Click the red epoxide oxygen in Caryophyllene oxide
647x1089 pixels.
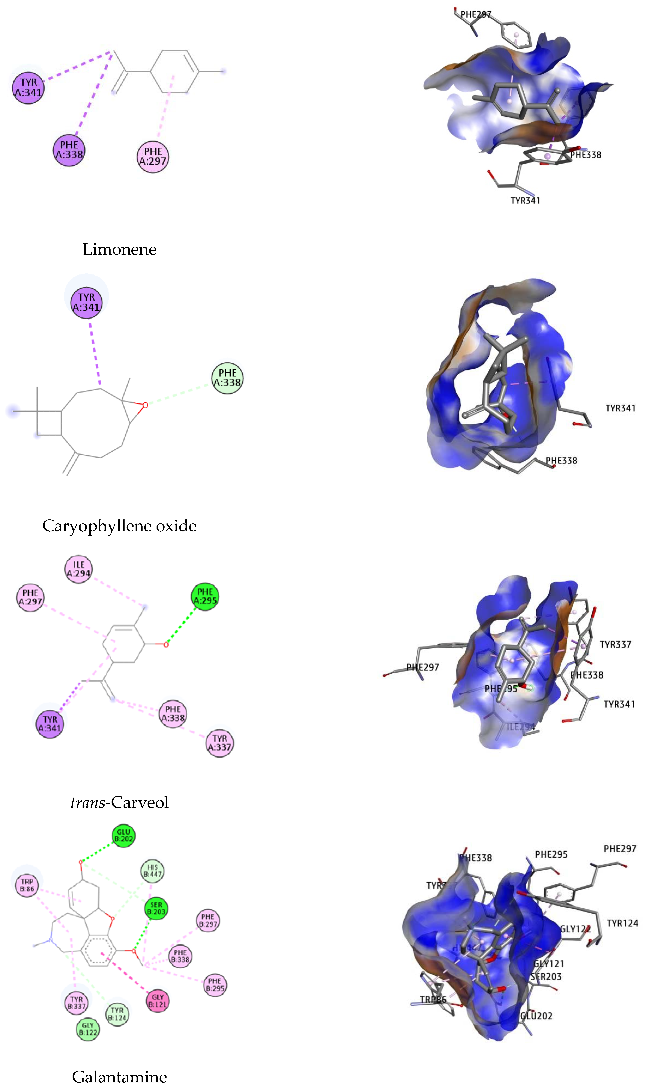coord(145,405)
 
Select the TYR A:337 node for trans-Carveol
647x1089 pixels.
coord(219,743)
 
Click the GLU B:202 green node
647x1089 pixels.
coord(123,835)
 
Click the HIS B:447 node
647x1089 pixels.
coord(152,871)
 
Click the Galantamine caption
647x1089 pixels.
coord(119,1077)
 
